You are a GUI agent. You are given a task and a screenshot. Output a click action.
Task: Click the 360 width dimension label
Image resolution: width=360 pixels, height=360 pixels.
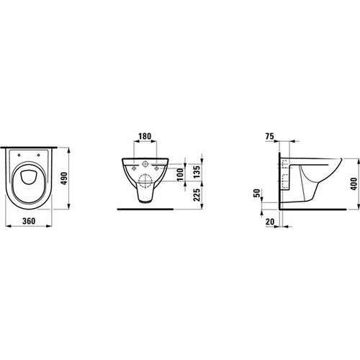29,221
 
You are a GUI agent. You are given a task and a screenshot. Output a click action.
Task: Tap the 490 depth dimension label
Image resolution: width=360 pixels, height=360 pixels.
64,179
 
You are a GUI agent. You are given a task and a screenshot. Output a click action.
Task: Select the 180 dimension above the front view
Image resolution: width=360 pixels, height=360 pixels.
145,136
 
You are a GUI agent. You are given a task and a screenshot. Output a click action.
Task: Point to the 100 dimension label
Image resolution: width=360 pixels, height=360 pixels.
181,174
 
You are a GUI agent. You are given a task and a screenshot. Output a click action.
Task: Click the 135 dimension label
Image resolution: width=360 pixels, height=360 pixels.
197,171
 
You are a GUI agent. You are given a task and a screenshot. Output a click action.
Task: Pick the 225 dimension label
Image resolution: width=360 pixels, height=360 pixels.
197,195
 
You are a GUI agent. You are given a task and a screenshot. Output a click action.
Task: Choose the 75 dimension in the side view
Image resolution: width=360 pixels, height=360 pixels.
270,136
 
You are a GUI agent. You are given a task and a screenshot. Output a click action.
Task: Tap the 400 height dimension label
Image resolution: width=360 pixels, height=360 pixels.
354,184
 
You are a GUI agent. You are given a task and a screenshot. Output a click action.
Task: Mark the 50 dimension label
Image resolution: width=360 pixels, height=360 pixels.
257,193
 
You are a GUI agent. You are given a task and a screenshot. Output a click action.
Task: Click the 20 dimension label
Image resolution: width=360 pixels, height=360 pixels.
270,222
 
